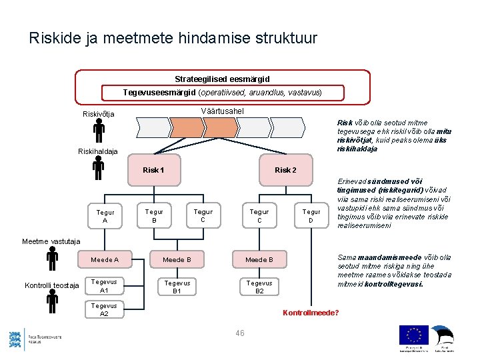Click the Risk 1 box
coord(153,170)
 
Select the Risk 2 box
coord(285,170)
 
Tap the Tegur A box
coord(105,216)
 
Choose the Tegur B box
coord(154,215)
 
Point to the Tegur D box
coord(311,215)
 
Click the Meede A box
coord(105,259)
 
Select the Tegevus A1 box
coord(104,286)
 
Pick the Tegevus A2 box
coord(104,309)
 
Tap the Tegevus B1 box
coord(177,287)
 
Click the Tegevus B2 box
coord(259,287)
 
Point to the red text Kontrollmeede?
coord(311,313)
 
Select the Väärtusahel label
coord(222,111)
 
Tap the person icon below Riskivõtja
coord(98,130)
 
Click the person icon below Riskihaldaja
coord(98,167)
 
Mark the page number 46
coord(241,333)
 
